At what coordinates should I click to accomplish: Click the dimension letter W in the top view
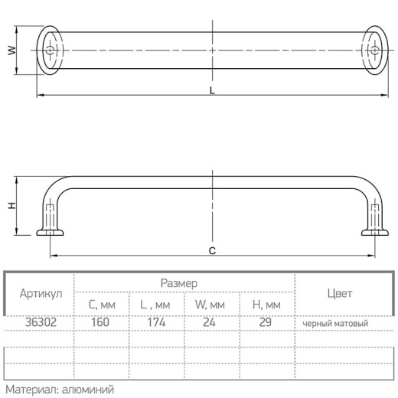(x=11, y=51)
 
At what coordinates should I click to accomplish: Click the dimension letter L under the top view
(x=212, y=90)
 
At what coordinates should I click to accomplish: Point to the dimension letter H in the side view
(x=11, y=206)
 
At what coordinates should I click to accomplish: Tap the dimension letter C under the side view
(x=212, y=251)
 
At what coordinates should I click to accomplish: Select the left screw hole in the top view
(x=50, y=50)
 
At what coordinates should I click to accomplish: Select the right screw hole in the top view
(x=375, y=50)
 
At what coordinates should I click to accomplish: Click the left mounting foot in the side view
(x=50, y=233)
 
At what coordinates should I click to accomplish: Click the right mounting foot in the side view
(x=375, y=233)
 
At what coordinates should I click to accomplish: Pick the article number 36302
(x=41, y=322)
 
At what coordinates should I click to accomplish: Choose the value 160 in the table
(x=100, y=322)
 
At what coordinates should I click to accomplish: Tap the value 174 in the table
(x=156, y=322)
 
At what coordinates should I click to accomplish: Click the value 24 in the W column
(x=209, y=322)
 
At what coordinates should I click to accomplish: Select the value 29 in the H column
(x=266, y=322)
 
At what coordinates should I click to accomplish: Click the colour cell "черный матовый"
(x=335, y=324)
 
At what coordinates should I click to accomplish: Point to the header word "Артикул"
(x=41, y=293)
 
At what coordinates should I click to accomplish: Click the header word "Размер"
(x=179, y=283)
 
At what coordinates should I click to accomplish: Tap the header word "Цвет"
(x=340, y=293)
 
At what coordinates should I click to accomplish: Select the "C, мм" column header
(x=102, y=305)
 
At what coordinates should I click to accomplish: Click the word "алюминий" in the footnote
(x=88, y=390)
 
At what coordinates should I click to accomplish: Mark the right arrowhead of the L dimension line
(x=385, y=95)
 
